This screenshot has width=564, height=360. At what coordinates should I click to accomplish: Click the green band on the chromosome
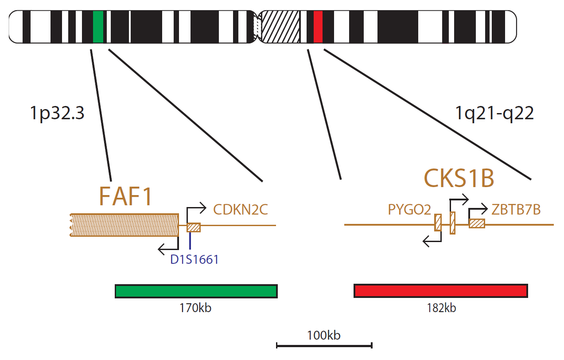point(98,27)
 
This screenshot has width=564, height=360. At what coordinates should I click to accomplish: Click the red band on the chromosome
point(318,27)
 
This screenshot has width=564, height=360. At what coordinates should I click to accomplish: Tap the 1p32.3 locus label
point(57,113)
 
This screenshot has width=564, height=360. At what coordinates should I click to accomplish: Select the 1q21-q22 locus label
point(494,113)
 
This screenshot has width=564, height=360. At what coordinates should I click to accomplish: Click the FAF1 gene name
point(125,196)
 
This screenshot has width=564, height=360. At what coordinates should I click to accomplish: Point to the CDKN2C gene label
point(241,210)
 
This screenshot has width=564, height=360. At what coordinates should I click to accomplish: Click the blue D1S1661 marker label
point(194,259)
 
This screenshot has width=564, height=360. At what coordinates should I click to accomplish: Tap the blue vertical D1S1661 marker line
point(190,241)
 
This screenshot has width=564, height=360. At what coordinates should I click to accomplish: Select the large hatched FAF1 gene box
point(124,225)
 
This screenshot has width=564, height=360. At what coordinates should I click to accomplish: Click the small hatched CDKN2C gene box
point(194,227)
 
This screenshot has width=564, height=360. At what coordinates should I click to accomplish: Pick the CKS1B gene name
point(459,178)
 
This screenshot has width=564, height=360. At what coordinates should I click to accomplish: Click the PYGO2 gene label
point(409,210)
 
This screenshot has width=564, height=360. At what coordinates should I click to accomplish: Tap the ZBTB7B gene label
point(516,210)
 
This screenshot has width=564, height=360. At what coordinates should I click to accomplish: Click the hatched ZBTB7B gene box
point(477,224)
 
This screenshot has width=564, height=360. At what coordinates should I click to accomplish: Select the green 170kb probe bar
point(196,291)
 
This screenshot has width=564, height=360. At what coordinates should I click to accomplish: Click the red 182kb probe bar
point(441,291)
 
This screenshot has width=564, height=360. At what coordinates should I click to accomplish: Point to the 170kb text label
point(195,308)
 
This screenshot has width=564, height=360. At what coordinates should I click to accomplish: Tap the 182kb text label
point(441,308)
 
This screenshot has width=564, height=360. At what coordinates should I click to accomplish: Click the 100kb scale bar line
point(324,346)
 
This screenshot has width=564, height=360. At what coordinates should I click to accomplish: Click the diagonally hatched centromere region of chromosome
point(280,27)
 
